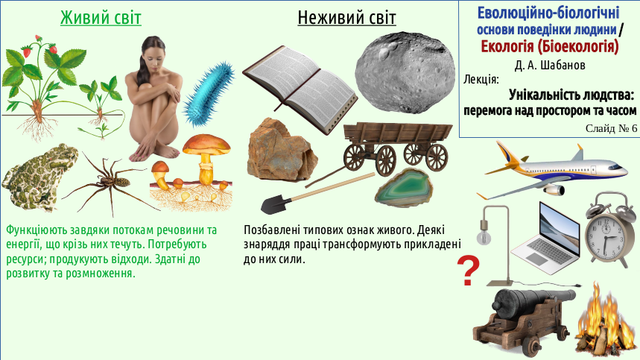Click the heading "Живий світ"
click(101, 18)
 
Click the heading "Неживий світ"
click(346, 18)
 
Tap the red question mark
click(468, 271)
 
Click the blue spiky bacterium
click(209, 94)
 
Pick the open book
click(300, 89)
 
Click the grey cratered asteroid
click(405, 72)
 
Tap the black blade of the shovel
click(276, 203)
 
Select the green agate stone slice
click(404, 187)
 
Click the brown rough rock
click(282, 151)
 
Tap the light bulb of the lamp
click(484, 238)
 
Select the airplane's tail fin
click(577, 154)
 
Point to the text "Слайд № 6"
click(611, 128)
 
